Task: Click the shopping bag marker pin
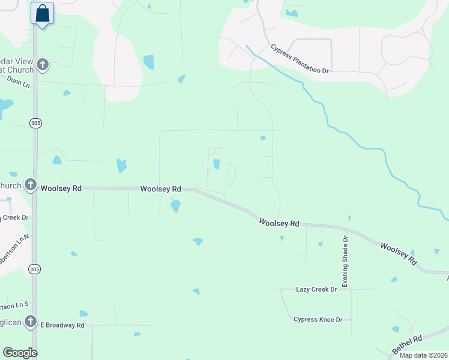[x=43, y=13]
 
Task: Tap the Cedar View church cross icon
[x=42, y=65]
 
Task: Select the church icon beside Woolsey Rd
[x=31, y=185]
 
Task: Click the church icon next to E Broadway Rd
[x=31, y=322]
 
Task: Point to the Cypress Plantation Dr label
[x=300, y=59]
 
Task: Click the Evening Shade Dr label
[x=345, y=260]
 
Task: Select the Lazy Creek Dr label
[x=317, y=289]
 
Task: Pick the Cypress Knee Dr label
[x=318, y=319]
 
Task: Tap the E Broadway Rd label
[x=62, y=325]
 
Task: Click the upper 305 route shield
[x=35, y=122]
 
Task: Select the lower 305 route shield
[x=35, y=269]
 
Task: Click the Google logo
[x=20, y=353]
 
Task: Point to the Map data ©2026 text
[x=423, y=355]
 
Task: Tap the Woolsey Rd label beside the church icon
[x=61, y=188]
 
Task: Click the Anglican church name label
[x=11, y=322]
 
